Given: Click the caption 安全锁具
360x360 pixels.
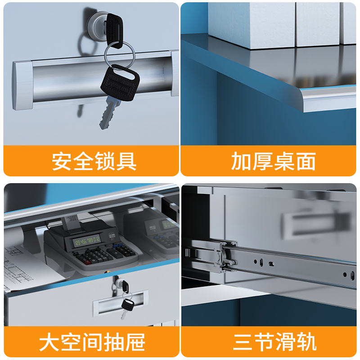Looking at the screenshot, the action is coord(94,161).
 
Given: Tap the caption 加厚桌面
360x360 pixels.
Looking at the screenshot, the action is coord(274,161).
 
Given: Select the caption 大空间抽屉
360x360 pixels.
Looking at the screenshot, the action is coord(92,342).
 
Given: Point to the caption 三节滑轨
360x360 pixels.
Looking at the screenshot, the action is coord(275,342).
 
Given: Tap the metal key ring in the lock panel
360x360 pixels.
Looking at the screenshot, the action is coord(119,54).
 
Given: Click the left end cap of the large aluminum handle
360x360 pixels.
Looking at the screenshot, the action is coord(22,85).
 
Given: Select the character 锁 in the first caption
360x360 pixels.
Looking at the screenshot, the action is coord(105,161).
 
